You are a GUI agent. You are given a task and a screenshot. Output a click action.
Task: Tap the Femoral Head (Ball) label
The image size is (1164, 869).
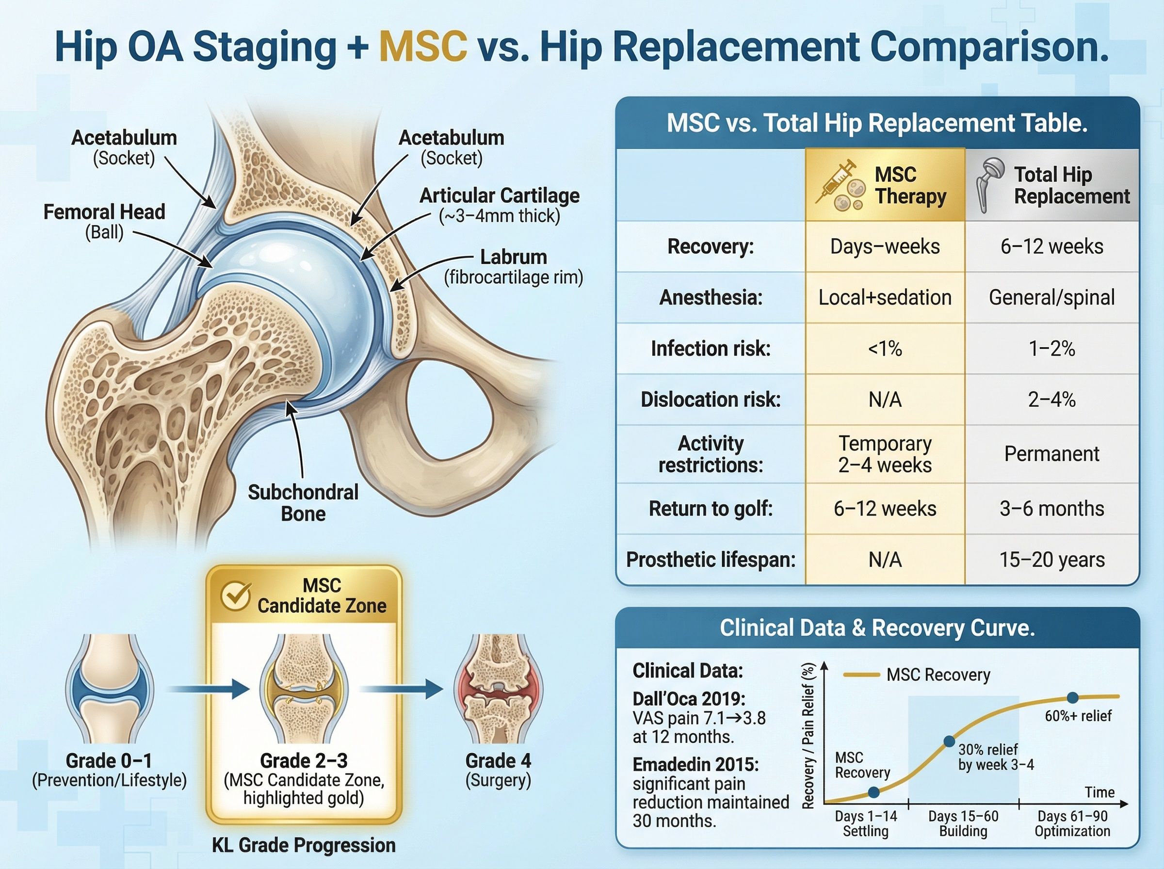104,222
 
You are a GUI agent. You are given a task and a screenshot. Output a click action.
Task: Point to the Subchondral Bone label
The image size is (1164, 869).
303,502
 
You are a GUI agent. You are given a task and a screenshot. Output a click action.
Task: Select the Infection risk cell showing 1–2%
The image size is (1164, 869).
1051,349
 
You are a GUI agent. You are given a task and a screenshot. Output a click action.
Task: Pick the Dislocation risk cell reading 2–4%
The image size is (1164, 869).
1051,400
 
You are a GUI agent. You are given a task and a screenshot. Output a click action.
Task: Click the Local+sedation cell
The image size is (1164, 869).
885,298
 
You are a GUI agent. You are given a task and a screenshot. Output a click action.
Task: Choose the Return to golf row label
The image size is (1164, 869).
711,509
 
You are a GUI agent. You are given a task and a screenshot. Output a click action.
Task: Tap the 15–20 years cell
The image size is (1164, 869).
1051,560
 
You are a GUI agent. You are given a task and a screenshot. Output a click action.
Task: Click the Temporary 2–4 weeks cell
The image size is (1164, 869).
885,454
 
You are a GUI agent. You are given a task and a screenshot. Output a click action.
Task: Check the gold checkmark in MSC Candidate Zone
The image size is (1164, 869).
235,596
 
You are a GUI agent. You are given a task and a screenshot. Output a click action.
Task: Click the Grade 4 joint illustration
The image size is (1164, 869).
498,689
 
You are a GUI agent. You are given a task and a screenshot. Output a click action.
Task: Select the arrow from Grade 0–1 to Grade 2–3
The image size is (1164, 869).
209,689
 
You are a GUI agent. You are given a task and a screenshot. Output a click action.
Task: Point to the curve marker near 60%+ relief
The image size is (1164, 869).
1072,698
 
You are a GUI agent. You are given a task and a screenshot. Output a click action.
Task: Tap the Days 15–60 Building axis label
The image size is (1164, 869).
963,824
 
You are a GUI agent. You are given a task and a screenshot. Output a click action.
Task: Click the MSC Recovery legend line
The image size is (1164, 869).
860,675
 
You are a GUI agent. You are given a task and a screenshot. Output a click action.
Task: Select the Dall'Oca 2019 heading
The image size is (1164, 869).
689,699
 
